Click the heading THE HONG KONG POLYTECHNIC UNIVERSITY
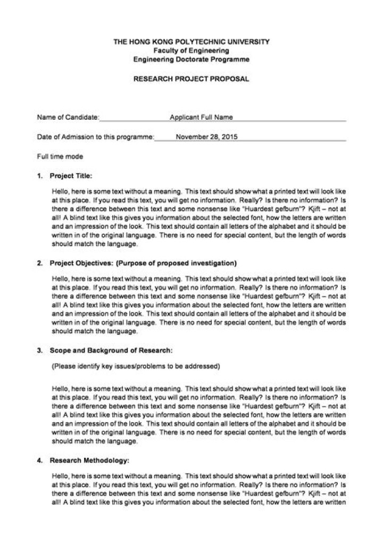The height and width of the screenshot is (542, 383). point(191,41)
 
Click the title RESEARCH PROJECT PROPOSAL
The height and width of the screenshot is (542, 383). point(191,78)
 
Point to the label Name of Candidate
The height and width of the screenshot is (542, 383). point(68,117)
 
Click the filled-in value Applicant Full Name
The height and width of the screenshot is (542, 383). point(201,117)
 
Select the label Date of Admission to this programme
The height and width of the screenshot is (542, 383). point(95,136)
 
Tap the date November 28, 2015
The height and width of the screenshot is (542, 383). point(206,136)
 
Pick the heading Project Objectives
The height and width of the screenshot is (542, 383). point(80,263)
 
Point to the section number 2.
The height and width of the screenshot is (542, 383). point(40,263)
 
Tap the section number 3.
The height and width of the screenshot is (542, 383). point(40,351)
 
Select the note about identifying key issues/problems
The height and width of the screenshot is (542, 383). point(135,367)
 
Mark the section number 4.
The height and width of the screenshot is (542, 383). point(40,458)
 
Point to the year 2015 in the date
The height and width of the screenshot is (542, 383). point(229,136)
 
